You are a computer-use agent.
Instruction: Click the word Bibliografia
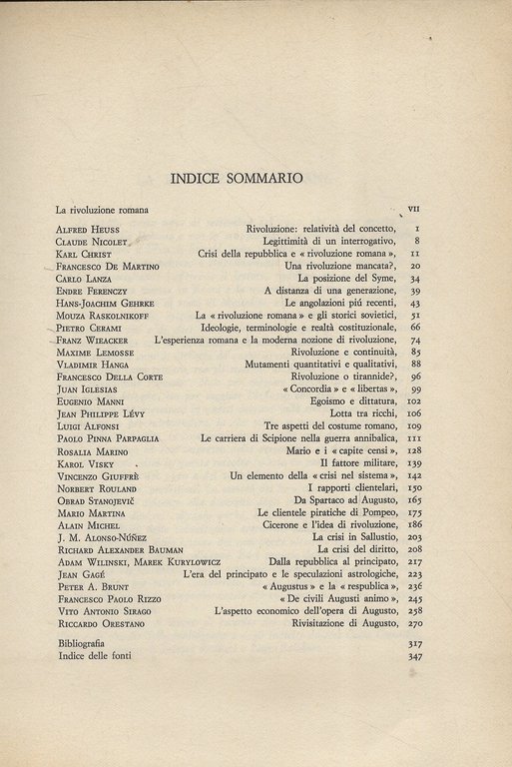click(x=85, y=643)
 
